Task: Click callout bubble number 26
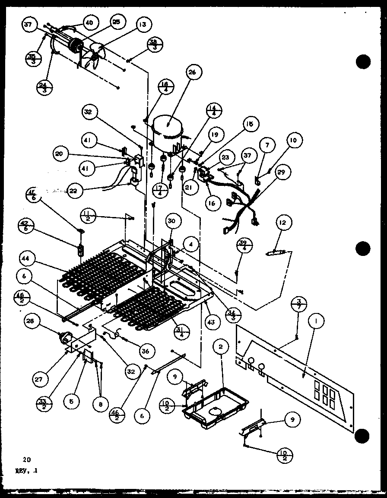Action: coord(192,73)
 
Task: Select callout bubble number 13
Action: coord(142,25)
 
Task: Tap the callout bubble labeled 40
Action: coord(89,22)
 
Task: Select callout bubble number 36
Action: coord(145,351)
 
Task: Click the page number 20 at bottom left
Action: coord(28,459)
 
